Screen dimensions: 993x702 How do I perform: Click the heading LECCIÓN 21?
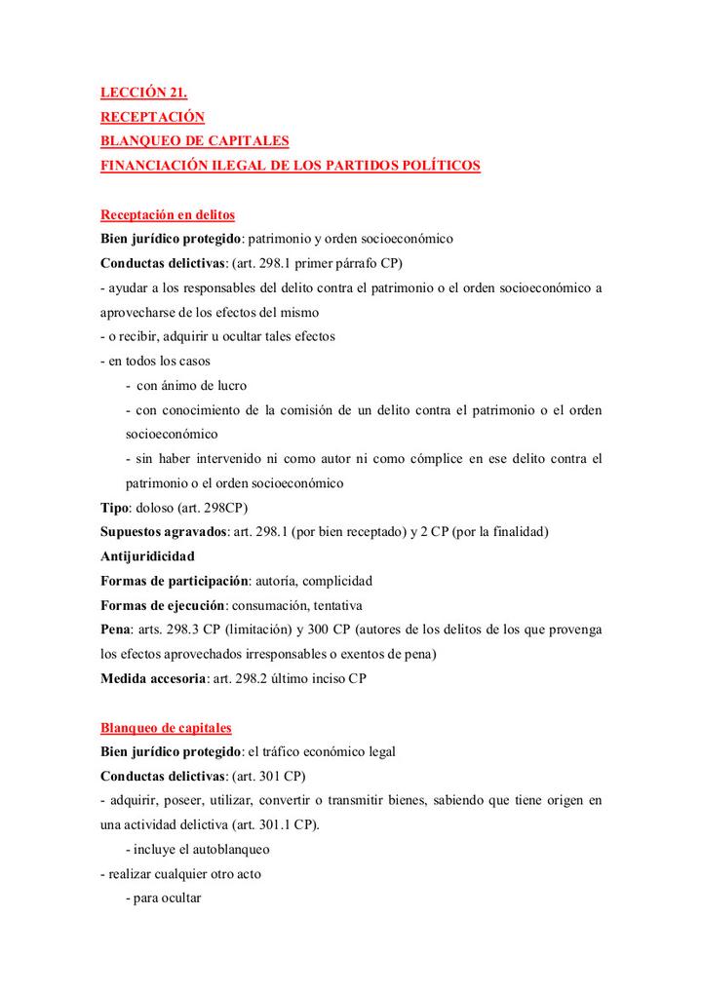tap(143, 94)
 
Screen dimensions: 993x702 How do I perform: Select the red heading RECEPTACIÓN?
tap(153, 118)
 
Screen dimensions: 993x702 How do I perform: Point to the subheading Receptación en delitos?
tap(168, 214)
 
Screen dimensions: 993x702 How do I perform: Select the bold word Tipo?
tap(114, 509)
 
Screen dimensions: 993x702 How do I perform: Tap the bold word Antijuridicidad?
tap(147, 556)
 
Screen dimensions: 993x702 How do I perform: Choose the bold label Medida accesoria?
tap(153, 678)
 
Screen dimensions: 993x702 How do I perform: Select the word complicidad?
tap(337, 581)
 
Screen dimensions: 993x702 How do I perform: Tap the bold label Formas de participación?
tap(175, 581)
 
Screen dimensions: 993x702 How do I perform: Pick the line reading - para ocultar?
tap(164, 898)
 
